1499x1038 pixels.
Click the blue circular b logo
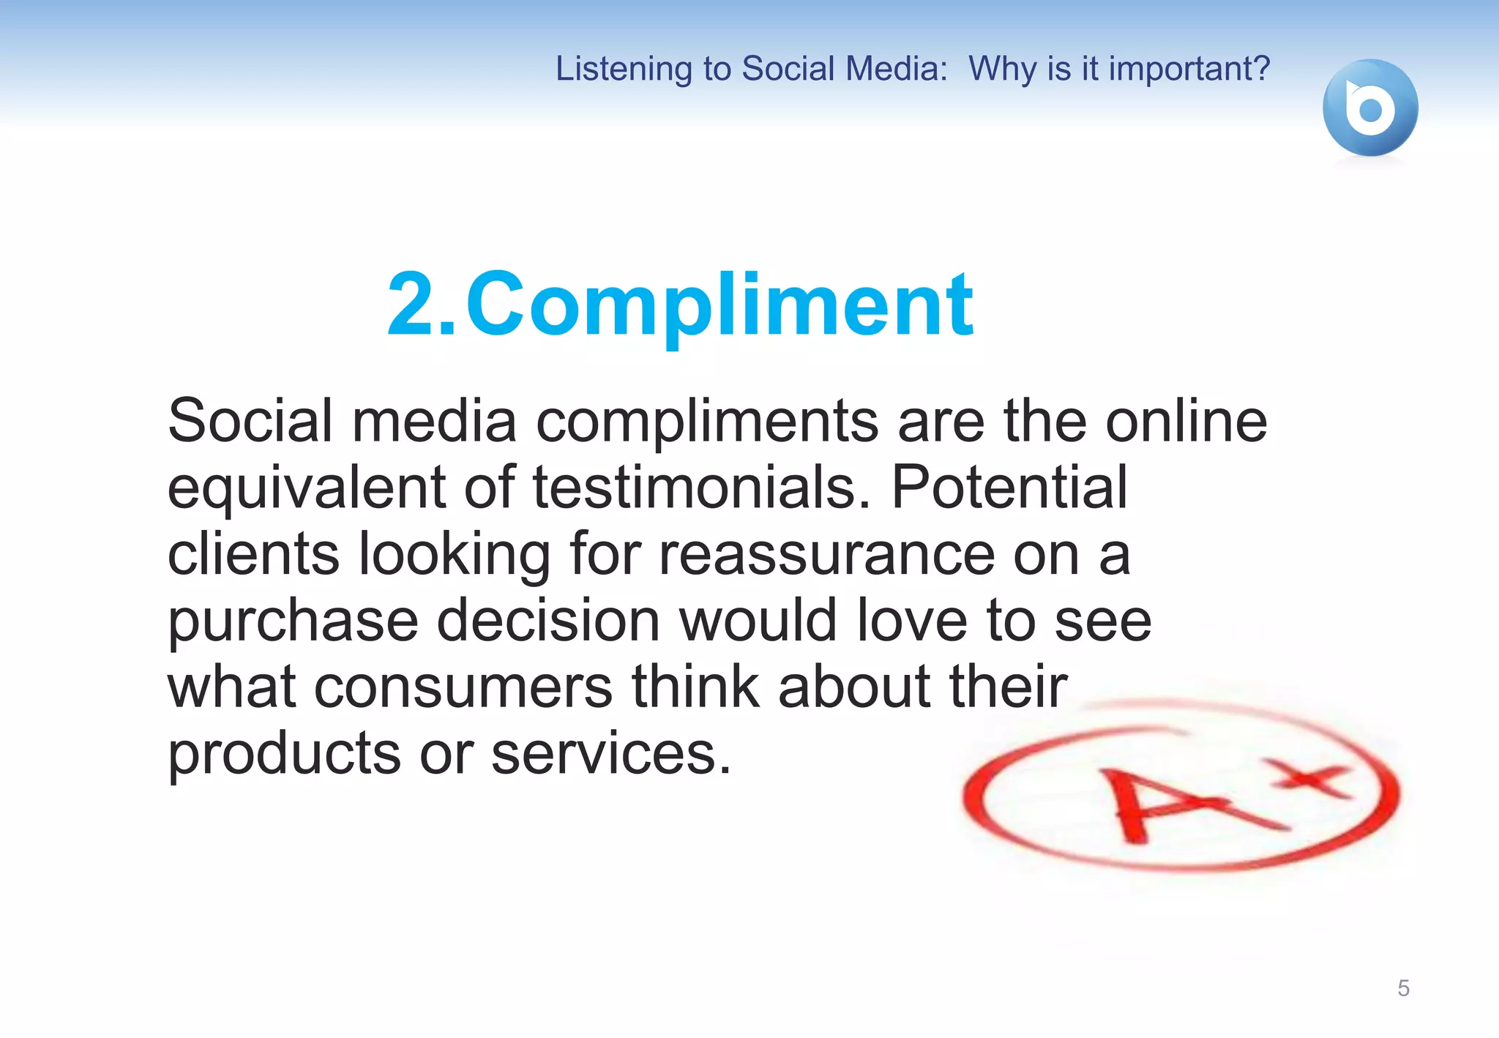1370,108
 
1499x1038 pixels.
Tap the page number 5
1403,988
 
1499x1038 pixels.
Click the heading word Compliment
719,305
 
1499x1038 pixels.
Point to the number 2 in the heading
414,305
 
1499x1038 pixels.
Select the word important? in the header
1189,69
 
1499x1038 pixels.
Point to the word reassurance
826,554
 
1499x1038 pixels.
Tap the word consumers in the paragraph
463,687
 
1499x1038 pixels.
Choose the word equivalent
307,489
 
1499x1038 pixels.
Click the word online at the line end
1186,422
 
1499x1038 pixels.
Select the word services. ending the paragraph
611,754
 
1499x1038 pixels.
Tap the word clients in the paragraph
253,554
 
